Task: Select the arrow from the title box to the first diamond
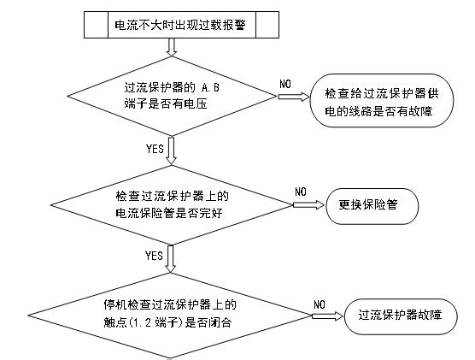[173, 47]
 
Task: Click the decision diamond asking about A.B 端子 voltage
[173, 95]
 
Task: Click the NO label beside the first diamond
[286, 83]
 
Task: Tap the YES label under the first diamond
[155, 148]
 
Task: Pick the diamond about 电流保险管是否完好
[173, 204]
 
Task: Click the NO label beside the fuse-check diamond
[301, 192]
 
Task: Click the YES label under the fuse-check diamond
[155, 256]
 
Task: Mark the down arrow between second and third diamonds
[173, 256]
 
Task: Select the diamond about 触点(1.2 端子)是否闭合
[173, 311]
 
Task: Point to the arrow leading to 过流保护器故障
[327, 313]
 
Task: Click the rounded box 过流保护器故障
[400, 313]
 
